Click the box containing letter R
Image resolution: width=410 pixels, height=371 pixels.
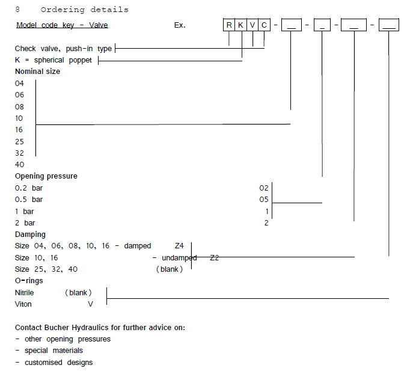(229, 25)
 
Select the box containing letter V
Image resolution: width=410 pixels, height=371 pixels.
(252, 25)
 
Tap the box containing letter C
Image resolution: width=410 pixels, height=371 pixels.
(265, 25)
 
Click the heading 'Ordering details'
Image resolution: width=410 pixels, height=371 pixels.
(84, 10)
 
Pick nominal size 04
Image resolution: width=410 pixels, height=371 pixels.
(19, 84)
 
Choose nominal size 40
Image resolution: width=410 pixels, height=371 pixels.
(19, 165)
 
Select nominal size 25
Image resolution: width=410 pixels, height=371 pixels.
(19, 141)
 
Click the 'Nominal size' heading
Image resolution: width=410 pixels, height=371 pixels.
(37, 72)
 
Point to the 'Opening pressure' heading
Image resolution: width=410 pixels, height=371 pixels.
(46, 176)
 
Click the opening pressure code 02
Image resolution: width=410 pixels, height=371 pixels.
(264, 188)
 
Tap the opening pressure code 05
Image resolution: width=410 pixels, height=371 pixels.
(264, 200)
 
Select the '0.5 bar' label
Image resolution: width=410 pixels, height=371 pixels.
(29, 200)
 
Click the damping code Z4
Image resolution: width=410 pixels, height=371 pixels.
(179, 246)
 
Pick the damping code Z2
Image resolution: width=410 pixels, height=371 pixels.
(215, 257)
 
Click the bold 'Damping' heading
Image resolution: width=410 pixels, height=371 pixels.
(30, 235)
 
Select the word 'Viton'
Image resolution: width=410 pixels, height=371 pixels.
(24, 304)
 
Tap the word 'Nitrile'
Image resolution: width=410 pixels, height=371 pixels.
(25, 292)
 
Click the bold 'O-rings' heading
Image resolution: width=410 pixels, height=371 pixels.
(29, 281)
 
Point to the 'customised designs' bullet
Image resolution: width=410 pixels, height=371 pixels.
(58, 362)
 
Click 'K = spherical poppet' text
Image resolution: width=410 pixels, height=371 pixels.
(54, 60)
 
